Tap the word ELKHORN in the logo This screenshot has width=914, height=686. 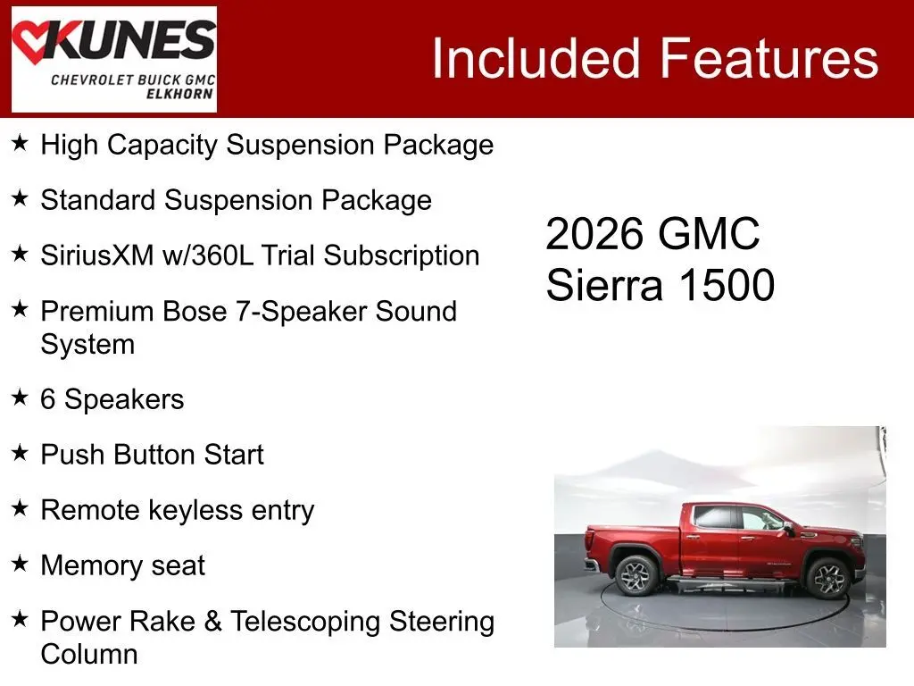point(179,94)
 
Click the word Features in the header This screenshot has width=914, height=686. point(769,58)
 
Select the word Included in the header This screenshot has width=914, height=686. point(536,58)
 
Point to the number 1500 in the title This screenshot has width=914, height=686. point(727,285)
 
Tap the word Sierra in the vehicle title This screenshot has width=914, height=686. point(604,285)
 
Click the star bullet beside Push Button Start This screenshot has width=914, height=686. point(20,453)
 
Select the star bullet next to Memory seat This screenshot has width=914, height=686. point(20,564)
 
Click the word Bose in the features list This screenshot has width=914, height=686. point(195,311)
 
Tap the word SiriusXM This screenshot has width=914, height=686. point(97,255)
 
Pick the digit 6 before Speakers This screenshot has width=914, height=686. point(48,399)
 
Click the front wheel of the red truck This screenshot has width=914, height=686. point(827,578)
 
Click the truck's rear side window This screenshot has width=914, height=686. point(714,517)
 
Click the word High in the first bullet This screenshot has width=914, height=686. point(70,145)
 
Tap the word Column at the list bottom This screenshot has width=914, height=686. point(89,654)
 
